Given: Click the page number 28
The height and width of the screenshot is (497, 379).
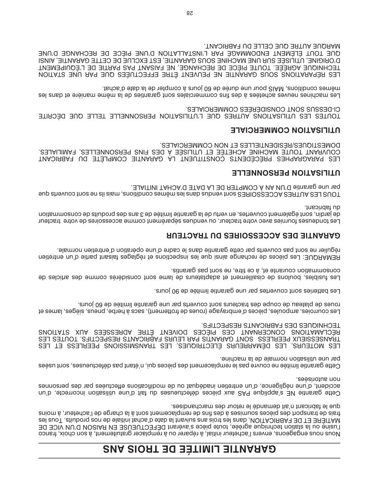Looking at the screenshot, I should click(189, 13).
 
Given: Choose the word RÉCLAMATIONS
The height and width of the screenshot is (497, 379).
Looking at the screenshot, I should click(314, 332).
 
